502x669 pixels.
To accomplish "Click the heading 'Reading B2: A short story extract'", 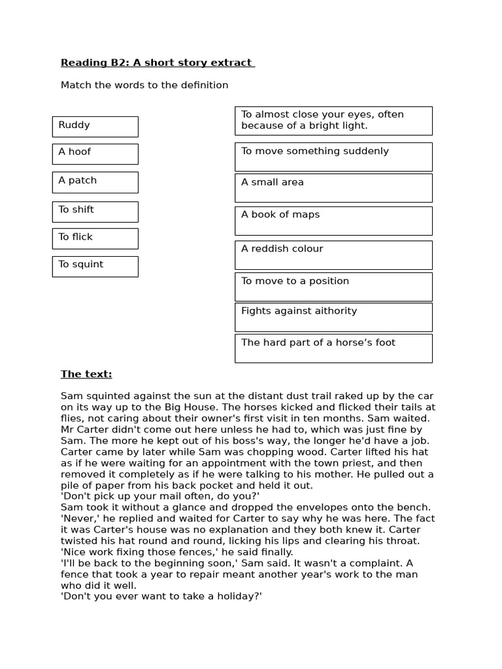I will tap(156, 63).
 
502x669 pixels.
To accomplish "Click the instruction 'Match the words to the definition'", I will tap(144, 85).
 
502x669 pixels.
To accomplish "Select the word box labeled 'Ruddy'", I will tap(95, 126).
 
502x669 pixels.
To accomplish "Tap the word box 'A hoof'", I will tap(95, 154).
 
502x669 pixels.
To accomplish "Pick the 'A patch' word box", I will tap(95, 182).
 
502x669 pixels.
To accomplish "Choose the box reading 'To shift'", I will tap(95, 211).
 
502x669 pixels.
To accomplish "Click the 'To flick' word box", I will tap(95, 238).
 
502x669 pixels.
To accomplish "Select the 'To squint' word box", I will tap(95, 266).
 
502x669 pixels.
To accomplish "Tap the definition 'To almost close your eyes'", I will tap(333, 120).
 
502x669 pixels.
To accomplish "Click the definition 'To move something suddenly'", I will tap(333, 156).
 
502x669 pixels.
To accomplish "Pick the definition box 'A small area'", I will tap(333, 188).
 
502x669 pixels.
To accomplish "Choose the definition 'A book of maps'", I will tap(333, 220).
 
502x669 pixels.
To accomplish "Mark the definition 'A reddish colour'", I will tap(333, 254).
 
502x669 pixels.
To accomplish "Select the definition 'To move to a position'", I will tap(333, 286).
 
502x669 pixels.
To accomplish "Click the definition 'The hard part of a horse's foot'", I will tap(333, 348).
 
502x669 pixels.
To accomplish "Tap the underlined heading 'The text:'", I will tap(86, 374).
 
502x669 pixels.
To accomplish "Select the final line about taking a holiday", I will tap(161, 596).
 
